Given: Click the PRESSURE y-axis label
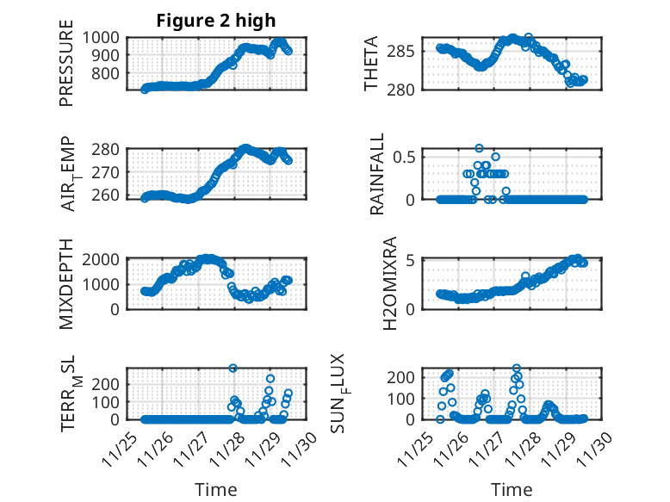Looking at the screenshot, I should [66, 69].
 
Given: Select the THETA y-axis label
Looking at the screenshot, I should [371, 64].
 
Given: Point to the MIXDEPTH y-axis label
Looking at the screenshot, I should [66, 284].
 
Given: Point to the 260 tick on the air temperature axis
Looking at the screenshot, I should [109, 196].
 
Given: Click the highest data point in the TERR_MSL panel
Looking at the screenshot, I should [233, 369].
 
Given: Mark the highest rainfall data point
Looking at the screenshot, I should [479, 148].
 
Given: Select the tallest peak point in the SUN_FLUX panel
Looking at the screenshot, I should [517, 369].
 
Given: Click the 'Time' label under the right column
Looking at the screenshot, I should [512, 490].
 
